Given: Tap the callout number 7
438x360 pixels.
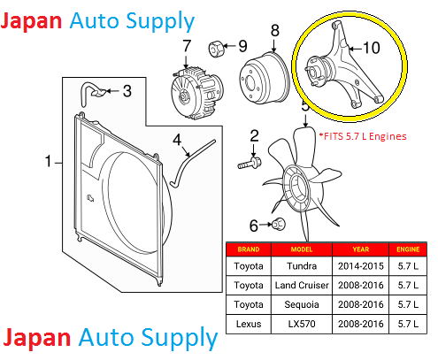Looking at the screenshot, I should (187, 46).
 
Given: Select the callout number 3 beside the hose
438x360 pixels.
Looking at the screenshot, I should (127, 90).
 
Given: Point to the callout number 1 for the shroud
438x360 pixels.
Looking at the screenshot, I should (49, 161).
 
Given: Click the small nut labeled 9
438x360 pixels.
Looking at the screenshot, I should (215, 46).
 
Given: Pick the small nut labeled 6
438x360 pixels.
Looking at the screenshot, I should (274, 226).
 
